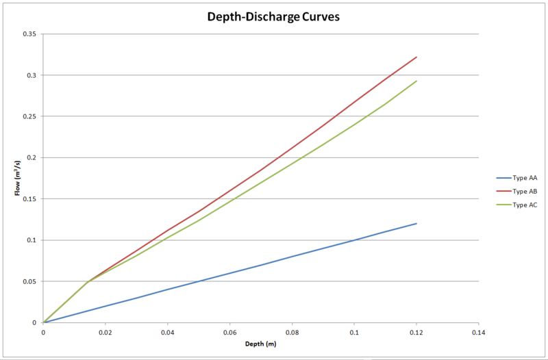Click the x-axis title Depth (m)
260,344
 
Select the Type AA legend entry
524,177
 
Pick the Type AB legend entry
524,191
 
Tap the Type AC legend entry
524,205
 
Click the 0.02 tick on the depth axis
105,332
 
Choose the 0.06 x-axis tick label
229,332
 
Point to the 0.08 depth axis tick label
292,332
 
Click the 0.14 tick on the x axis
478,332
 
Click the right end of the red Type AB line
416,57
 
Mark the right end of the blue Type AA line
416,223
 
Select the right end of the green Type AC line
416,81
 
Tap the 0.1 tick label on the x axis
354,332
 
